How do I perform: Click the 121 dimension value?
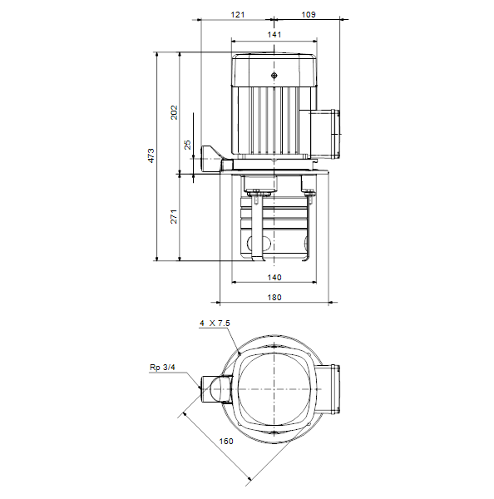[238, 15]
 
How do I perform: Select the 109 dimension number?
[308, 15]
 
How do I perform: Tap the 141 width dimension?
[274, 34]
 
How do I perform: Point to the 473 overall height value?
[151, 156]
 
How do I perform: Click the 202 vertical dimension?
[174, 112]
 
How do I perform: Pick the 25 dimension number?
[188, 145]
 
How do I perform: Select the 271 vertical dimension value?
[174, 216]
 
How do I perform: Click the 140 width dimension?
[274, 277]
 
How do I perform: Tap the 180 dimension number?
[274, 297]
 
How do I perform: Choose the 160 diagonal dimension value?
[226, 441]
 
